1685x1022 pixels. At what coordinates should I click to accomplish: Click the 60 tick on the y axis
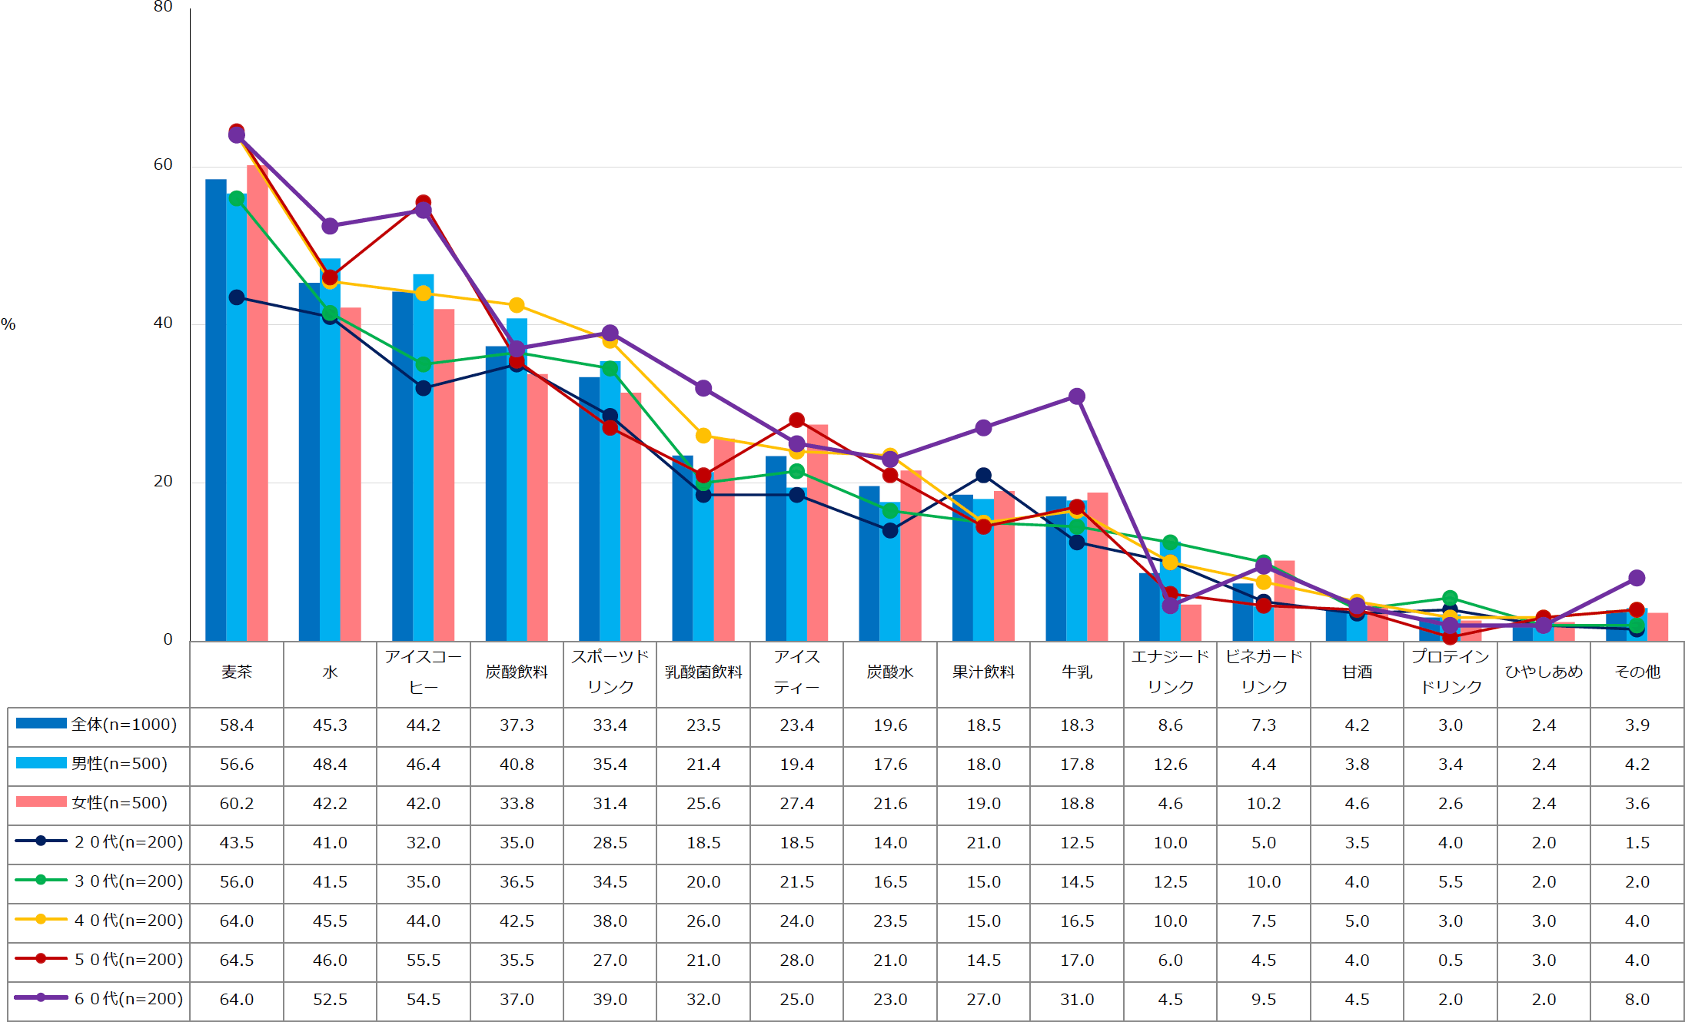pos(163,164)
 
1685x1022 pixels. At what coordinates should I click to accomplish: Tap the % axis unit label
pos(8,324)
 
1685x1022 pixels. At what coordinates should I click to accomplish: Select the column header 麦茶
pos(237,672)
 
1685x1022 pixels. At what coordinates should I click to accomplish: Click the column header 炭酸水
pos(890,672)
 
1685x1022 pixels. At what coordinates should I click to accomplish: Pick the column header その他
pos(1637,672)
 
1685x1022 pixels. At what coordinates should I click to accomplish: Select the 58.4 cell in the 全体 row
pos(237,725)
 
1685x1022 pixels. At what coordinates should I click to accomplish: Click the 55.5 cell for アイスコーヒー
pos(424,961)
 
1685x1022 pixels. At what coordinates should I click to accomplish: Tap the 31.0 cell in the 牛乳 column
pos(1077,1000)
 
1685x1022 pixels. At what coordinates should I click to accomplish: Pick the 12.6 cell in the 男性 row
pos(1171,765)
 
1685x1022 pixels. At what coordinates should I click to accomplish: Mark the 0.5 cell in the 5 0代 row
pos(1451,961)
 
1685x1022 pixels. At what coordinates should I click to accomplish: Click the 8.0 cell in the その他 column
pos(1637,1000)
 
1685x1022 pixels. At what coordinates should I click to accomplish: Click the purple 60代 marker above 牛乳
pos(1077,397)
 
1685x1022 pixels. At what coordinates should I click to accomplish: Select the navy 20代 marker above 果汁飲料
pos(983,476)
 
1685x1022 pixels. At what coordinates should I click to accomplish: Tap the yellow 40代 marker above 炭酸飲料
pos(517,306)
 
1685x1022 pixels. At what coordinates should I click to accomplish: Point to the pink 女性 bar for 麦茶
pos(258,400)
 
